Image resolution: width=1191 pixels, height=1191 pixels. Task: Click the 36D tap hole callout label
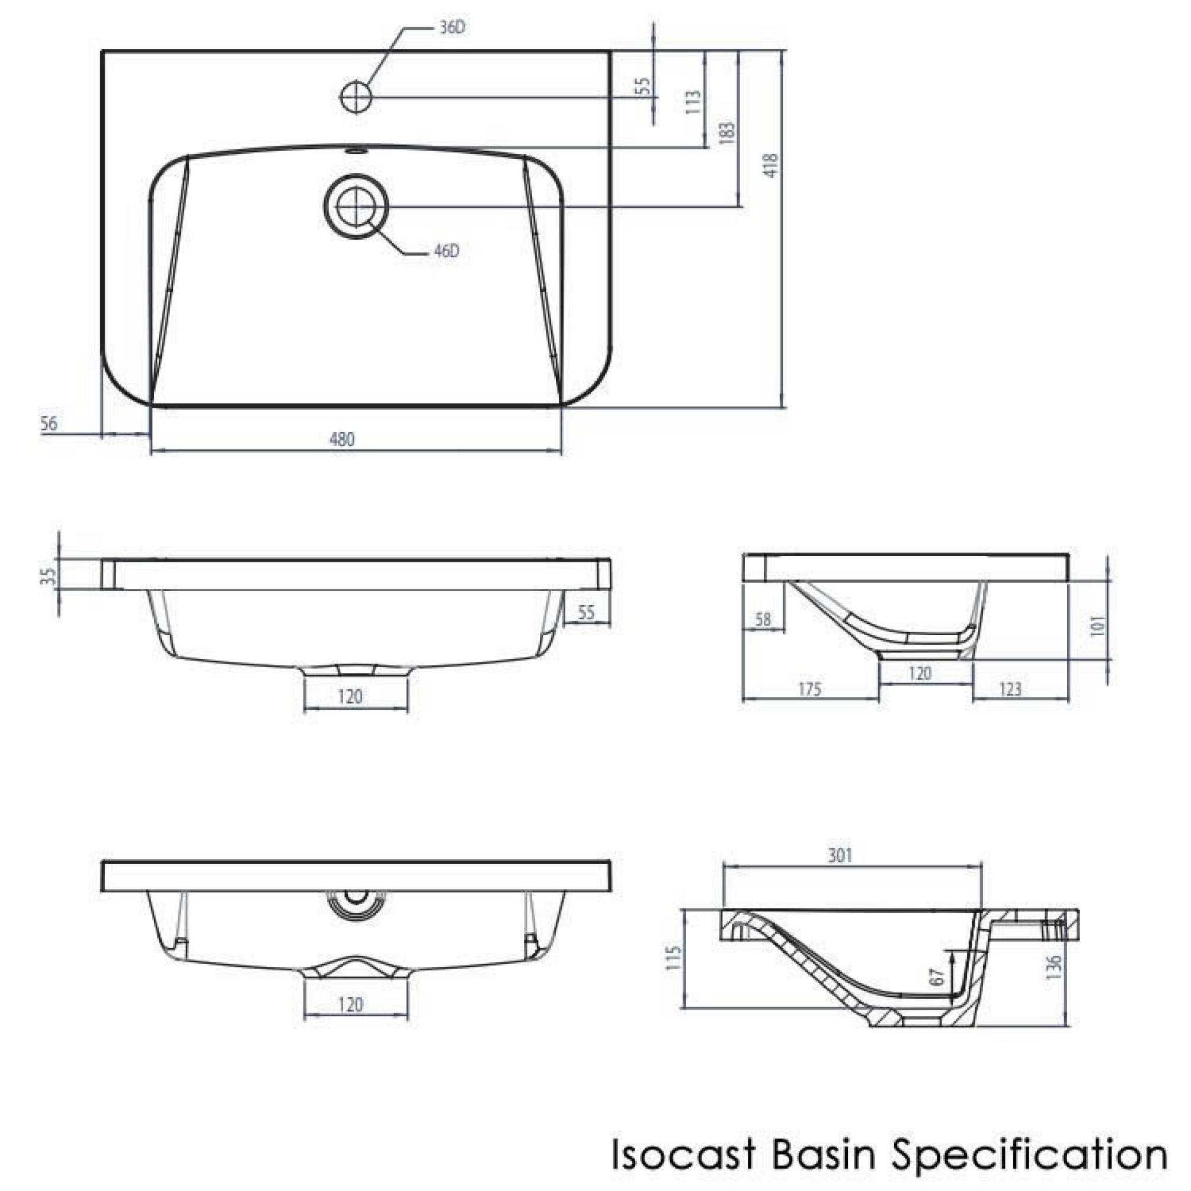pos(453,28)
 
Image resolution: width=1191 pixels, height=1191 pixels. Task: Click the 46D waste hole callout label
pos(446,251)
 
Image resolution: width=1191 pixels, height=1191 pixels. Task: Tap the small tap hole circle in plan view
pos(356,97)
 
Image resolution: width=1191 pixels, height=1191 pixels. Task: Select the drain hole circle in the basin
pos(356,207)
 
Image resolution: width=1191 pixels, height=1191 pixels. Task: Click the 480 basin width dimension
pos(342,440)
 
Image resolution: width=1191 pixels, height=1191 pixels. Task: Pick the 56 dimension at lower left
pos(49,424)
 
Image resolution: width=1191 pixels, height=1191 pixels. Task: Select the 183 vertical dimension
pos(727,134)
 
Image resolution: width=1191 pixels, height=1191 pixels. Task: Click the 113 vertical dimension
pos(693,103)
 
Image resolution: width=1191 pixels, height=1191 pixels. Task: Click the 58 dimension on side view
pos(763,620)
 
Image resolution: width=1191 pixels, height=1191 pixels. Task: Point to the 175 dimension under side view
pos(809,689)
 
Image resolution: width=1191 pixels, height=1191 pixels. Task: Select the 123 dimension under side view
pos(1010,689)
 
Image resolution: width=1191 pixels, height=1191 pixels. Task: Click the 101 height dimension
pos(1099,626)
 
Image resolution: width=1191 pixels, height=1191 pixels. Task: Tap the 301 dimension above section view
pos(840,856)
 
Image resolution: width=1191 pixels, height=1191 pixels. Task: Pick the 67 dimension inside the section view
pos(936,977)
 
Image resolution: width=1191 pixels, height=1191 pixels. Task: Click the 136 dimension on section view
pos(1054,966)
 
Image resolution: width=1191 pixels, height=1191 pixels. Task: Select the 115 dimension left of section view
pos(674,958)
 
